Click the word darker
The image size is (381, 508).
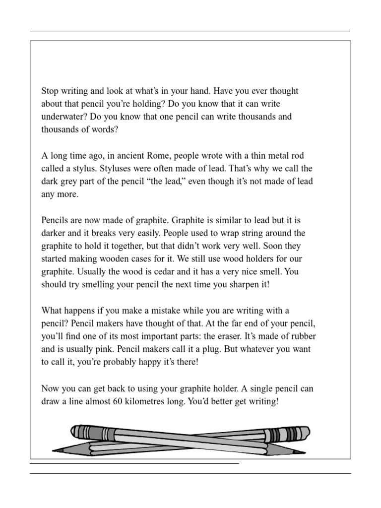54,233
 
